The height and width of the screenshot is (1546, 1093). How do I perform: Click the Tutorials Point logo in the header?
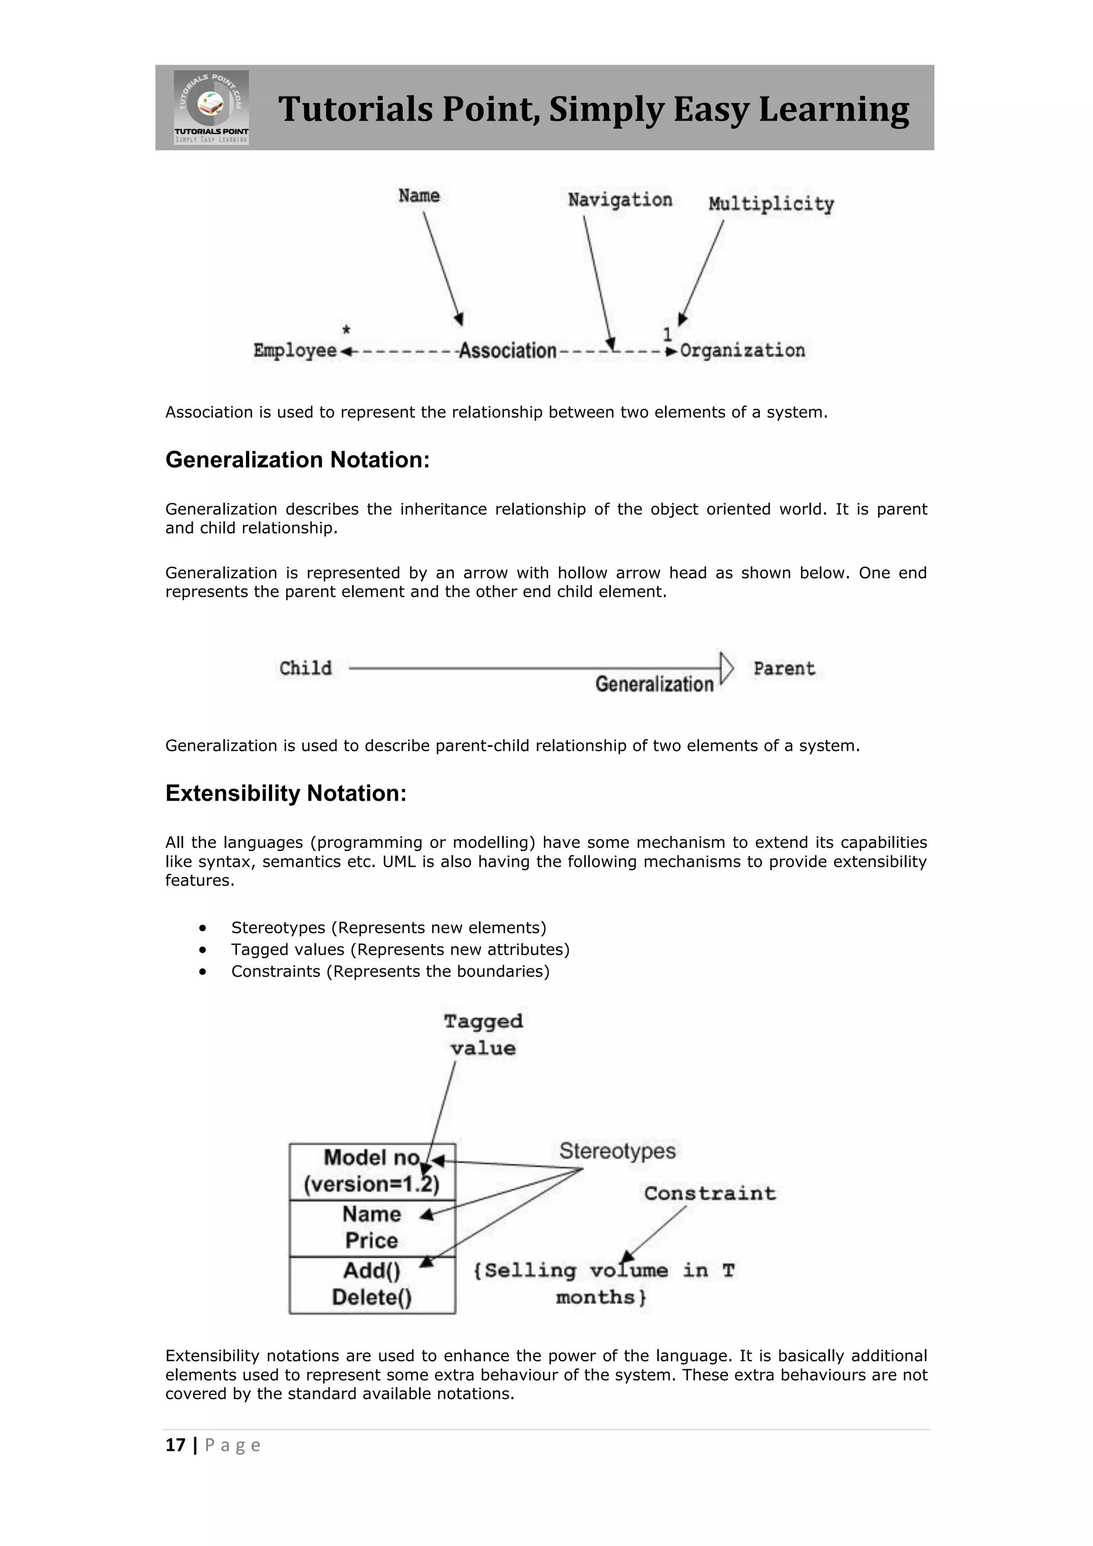211,107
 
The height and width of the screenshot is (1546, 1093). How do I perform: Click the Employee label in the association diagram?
295,350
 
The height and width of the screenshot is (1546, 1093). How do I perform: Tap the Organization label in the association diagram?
742,350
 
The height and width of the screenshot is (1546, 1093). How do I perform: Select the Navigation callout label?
620,200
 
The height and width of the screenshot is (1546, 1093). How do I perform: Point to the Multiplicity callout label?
771,203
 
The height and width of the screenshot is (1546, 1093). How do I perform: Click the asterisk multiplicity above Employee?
346,330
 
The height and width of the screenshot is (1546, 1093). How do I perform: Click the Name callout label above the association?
418,195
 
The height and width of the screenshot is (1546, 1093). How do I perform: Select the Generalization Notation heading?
297,460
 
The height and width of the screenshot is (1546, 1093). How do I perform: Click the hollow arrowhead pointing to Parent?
726,668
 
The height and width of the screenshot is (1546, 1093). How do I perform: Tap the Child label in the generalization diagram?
306,668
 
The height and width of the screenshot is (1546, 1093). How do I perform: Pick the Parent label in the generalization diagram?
784,668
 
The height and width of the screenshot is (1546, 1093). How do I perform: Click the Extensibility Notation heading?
286,793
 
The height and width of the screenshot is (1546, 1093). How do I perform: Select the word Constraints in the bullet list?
276,971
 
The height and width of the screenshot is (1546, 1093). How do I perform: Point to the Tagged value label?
483,1034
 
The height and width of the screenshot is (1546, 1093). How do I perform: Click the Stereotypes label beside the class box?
617,1151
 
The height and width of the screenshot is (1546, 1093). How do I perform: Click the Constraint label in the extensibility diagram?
709,1193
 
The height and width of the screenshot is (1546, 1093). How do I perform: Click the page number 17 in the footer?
175,1445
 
